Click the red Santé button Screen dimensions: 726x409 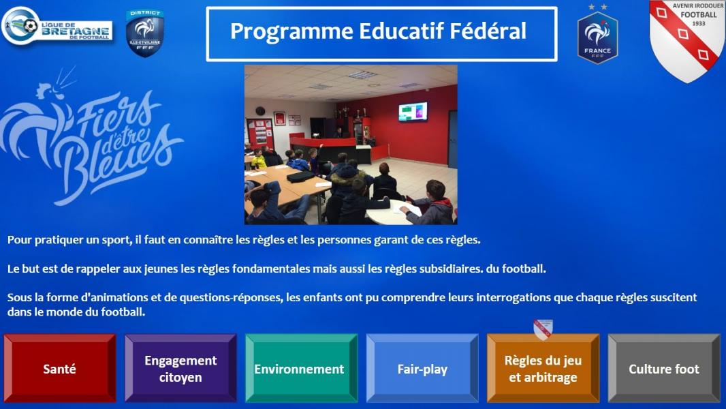[x=60, y=368]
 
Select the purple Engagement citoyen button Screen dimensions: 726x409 [x=180, y=368]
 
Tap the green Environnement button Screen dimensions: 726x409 [x=302, y=368]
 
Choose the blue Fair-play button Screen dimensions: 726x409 [x=422, y=368]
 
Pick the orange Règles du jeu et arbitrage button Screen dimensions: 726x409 [x=543, y=368]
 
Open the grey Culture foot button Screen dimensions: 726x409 [x=664, y=368]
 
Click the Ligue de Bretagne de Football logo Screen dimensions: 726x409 [x=57, y=26]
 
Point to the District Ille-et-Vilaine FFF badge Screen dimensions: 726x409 [x=145, y=33]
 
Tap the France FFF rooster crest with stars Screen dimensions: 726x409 [x=597, y=34]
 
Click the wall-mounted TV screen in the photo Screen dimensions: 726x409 [x=413, y=112]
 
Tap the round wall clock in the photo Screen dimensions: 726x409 [x=260, y=111]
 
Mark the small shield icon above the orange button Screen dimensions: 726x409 [x=543, y=329]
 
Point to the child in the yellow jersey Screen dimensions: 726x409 [x=259, y=159]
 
